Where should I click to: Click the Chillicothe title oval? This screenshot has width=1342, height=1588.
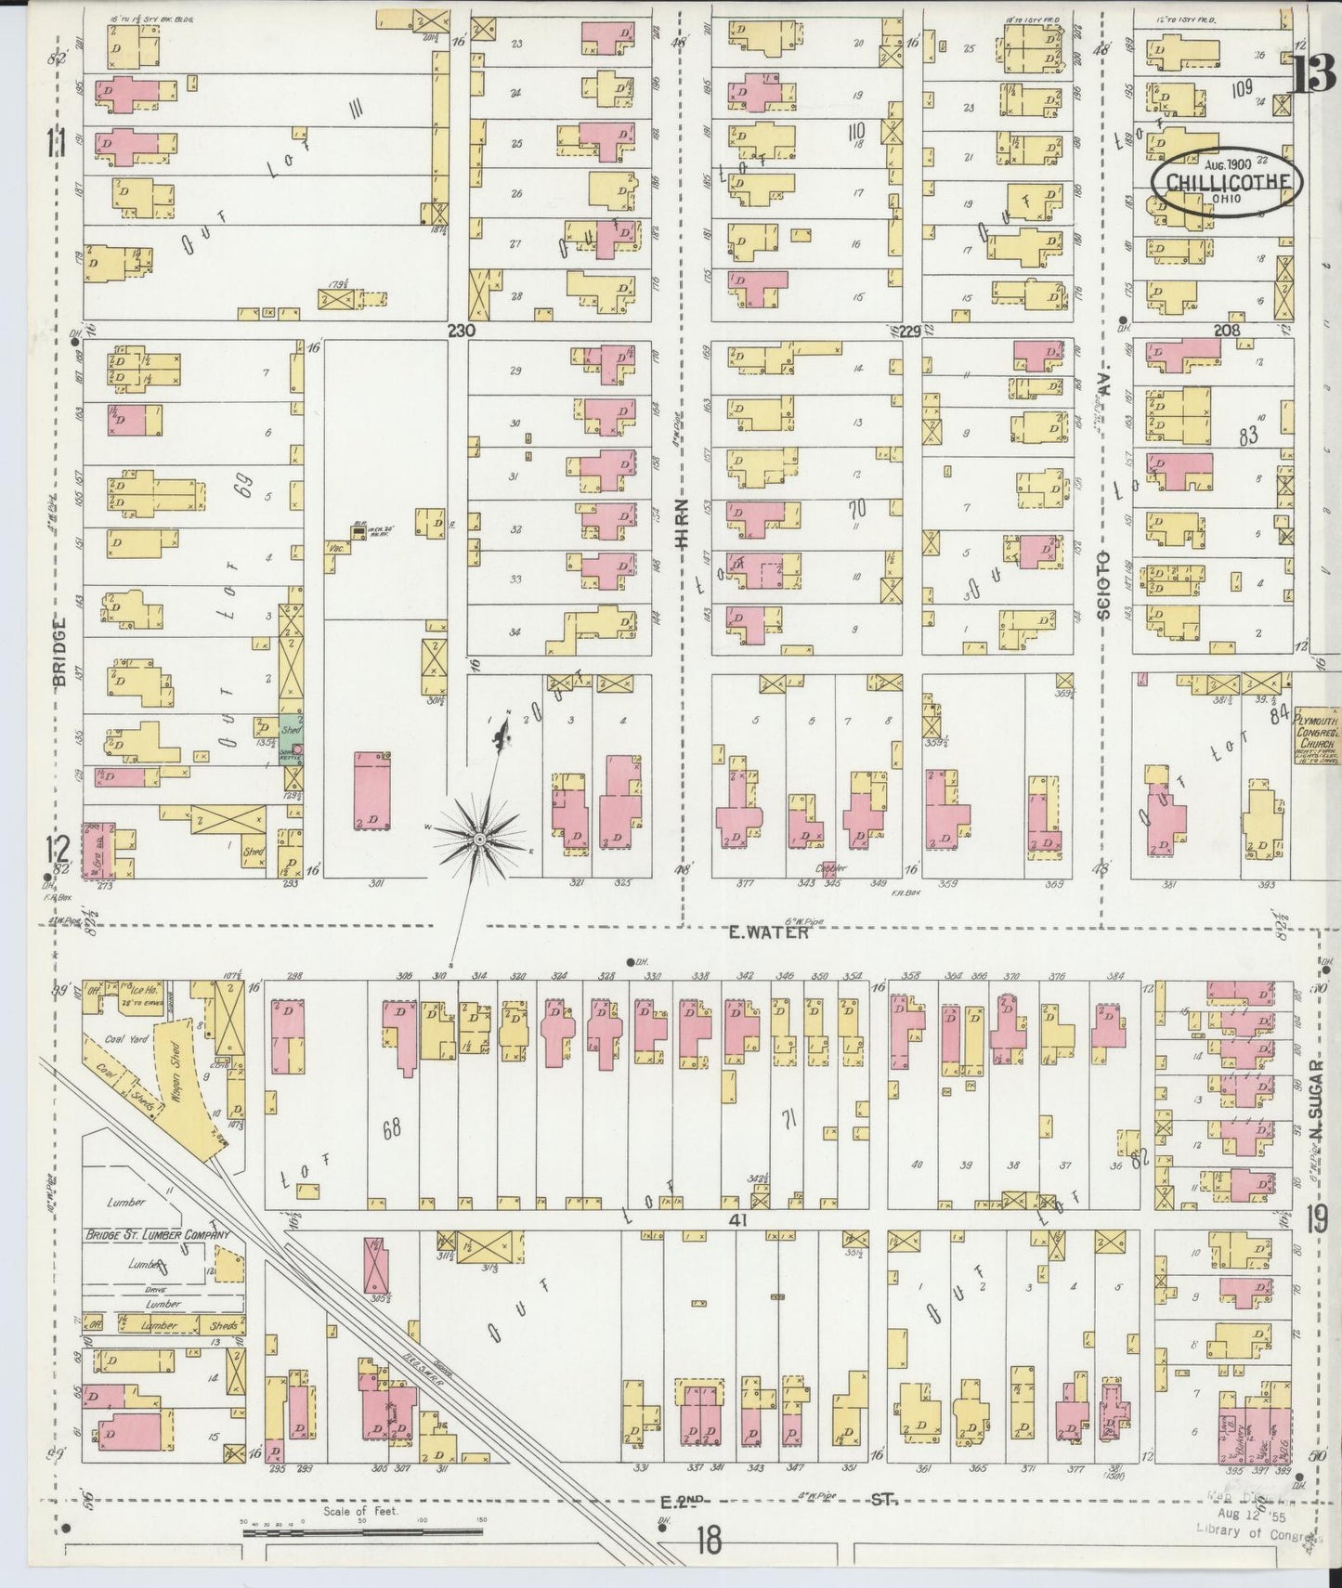pyautogui.click(x=1224, y=178)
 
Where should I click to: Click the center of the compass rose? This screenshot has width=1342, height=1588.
pyautogui.click(x=478, y=839)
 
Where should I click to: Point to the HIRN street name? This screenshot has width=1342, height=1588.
pyautogui.click(x=683, y=525)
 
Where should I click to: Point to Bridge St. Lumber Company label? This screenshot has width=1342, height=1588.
pyautogui.click(x=156, y=1235)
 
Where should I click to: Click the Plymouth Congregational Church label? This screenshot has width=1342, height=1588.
pyautogui.click(x=1317, y=734)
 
